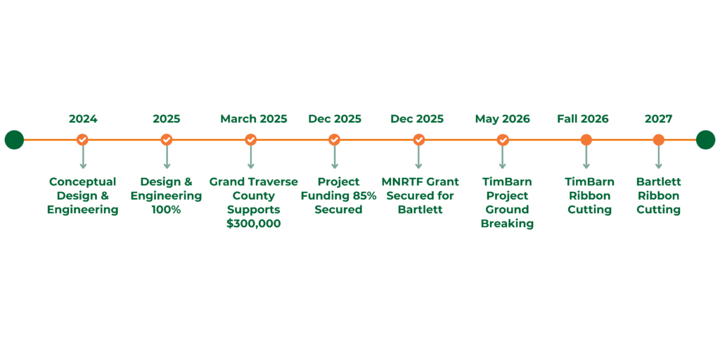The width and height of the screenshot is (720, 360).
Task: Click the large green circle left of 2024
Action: tap(14, 140)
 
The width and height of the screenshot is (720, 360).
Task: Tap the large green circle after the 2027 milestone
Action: tap(705, 140)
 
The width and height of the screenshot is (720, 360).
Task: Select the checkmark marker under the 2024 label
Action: tap(83, 140)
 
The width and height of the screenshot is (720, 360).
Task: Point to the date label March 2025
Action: tap(253, 119)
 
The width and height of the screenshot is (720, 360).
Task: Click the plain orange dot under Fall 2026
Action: tap(586, 140)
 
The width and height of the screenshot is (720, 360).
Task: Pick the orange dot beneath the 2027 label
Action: tap(658, 140)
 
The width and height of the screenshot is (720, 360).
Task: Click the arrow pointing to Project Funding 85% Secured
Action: tap(335, 157)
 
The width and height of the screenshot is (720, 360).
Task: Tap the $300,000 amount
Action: tap(253, 224)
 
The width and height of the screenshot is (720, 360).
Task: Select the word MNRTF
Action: tap(401, 182)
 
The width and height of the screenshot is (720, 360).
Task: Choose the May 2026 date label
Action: tap(502, 119)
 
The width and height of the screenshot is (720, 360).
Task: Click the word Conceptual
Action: tap(83, 182)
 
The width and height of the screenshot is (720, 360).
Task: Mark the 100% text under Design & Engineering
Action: tap(166, 210)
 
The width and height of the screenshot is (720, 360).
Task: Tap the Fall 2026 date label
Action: tap(583, 119)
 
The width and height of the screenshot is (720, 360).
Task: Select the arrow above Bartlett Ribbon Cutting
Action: tap(658, 157)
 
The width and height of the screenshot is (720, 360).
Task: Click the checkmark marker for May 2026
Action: tap(503, 140)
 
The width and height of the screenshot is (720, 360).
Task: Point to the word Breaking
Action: tap(507, 224)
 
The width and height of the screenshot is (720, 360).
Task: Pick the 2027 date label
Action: tap(658, 119)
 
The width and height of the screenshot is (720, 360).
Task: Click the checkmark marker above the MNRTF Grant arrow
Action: tap(419, 140)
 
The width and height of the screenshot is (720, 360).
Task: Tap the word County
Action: tap(253, 196)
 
